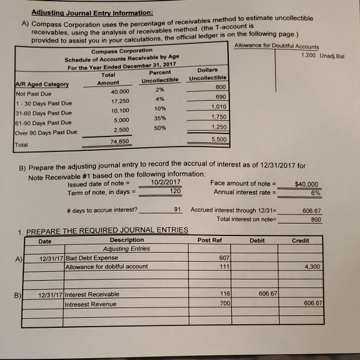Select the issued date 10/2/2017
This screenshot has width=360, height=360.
coord(166,182)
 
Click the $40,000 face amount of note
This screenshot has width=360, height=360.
coord(306,185)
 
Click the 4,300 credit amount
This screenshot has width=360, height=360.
coord(311,266)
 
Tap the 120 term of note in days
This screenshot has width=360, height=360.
coord(173,191)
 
